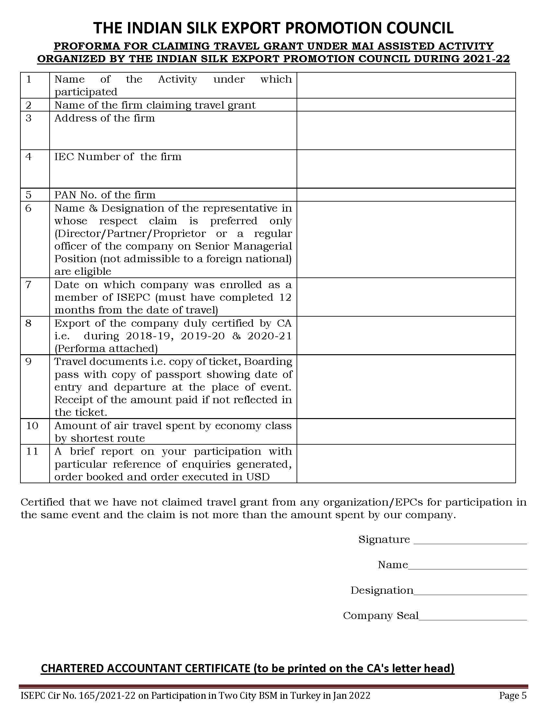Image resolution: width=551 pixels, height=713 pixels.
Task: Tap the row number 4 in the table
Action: tap(29, 157)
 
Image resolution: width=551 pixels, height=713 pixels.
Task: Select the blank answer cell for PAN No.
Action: tap(406, 194)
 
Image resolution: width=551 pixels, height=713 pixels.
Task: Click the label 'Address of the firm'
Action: tap(104, 118)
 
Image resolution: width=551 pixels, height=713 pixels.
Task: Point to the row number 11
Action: tap(32, 451)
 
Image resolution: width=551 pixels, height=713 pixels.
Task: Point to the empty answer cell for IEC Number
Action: tap(406, 169)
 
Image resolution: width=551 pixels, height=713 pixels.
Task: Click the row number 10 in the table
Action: tap(32, 426)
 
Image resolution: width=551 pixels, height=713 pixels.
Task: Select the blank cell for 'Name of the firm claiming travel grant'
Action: tap(406, 105)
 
